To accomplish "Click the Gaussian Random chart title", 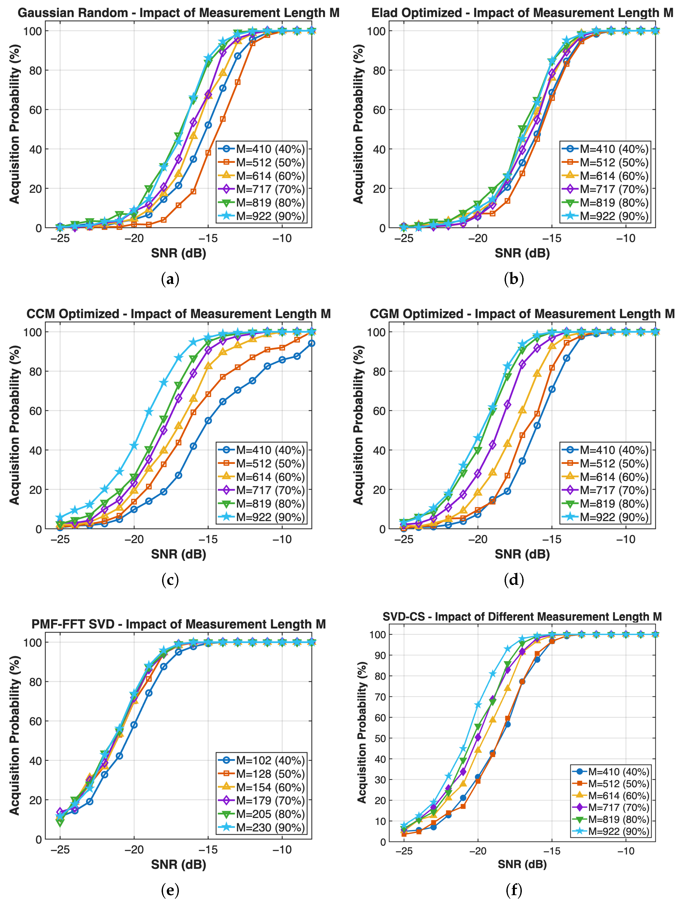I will coord(178,13).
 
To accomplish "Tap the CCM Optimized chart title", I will coord(178,314).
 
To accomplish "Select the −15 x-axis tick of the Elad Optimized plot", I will coord(552,238).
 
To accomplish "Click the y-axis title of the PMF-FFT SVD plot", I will coord(15,735).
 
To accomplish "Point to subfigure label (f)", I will coord(514,890).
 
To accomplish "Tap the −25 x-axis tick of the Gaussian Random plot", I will coord(60,238).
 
